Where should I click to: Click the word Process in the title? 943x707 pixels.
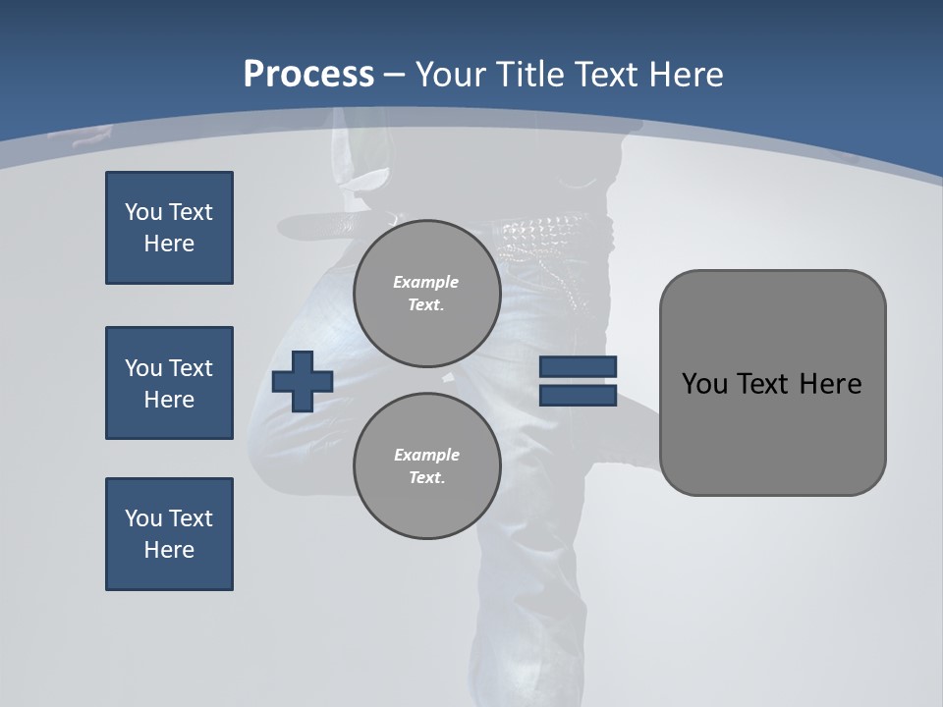[308, 75]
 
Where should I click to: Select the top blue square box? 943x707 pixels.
[169, 228]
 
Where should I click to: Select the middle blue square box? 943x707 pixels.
[169, 383]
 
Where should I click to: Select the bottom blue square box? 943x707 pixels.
[169, 534]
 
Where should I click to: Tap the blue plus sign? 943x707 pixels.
[303, 381]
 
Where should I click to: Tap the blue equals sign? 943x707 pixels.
[578, 381]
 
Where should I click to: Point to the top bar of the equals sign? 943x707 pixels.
[578, 367]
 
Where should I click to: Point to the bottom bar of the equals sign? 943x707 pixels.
[578, 396]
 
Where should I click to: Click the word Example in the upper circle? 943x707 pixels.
[425, 282]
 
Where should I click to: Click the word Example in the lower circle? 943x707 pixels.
[426, 455]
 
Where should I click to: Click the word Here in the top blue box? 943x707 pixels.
[169, 244]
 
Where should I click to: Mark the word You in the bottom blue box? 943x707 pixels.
[143, 518]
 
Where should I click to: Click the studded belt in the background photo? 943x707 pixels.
[545, 231]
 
